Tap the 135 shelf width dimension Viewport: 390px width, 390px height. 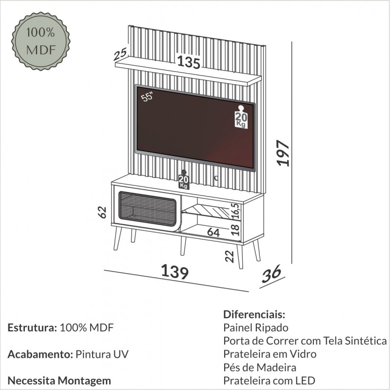click(x=189, y=63)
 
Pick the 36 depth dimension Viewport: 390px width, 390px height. click(x=272, y=274)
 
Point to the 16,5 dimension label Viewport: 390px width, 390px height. click(x=235, y=211)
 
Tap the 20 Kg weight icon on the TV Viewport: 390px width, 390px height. click(x=240, y=117)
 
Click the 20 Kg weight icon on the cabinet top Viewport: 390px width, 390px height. click(x=183, y=180)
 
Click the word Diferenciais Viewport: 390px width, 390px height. click(x=253, y=314)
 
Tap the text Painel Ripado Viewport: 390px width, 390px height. click(x=256, y=327)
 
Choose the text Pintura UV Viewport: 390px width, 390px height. click(x=102, y=354)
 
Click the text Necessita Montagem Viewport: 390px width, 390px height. click(x=59, y=380)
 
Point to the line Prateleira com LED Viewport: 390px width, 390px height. click(x=270, y=380)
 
